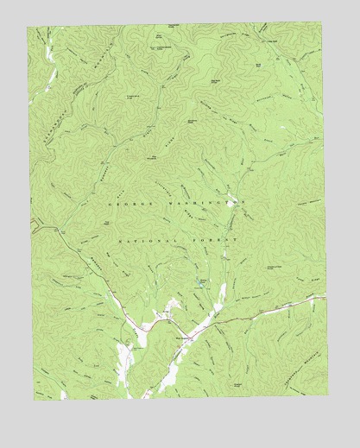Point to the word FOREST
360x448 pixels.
[x=214, y=239]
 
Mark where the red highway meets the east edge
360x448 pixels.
[x=325, y=297]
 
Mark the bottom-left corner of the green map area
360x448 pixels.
[x=35, y=400]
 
